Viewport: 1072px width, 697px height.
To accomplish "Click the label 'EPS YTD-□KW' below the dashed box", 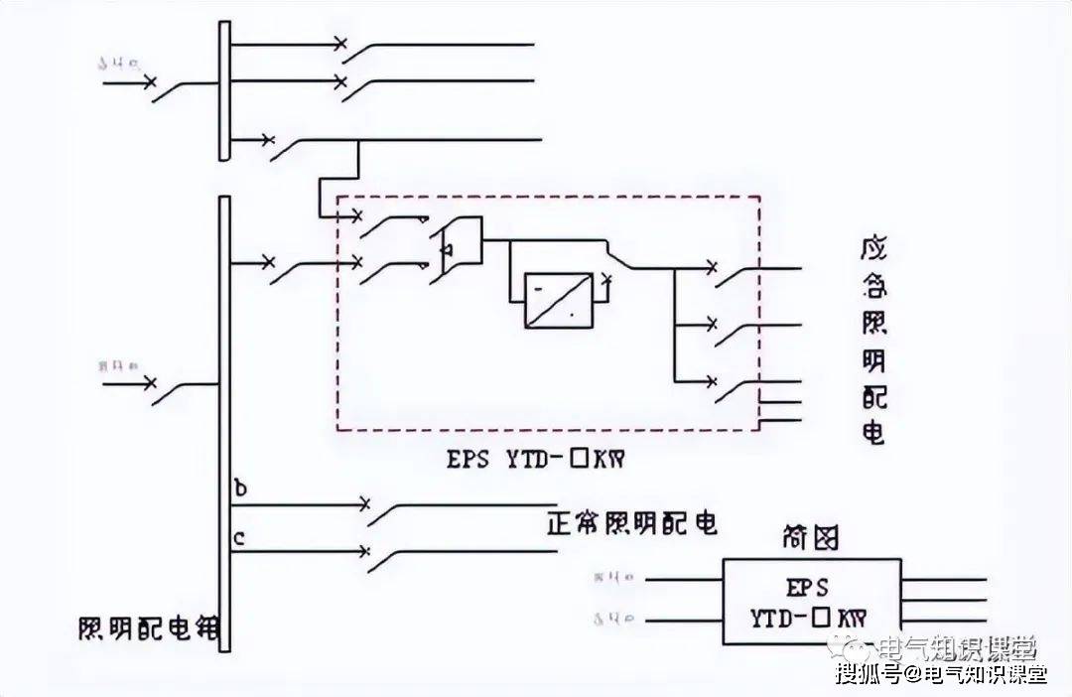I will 540,460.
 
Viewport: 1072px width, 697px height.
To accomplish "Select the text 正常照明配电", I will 631,523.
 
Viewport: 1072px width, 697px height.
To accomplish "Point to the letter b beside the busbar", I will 239,489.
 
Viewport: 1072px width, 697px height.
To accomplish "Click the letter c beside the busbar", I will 239,539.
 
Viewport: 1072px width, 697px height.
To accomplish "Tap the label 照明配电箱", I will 149,629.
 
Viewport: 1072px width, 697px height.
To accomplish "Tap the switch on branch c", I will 382,558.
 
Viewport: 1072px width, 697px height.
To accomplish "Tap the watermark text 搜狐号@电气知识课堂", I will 941,676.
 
